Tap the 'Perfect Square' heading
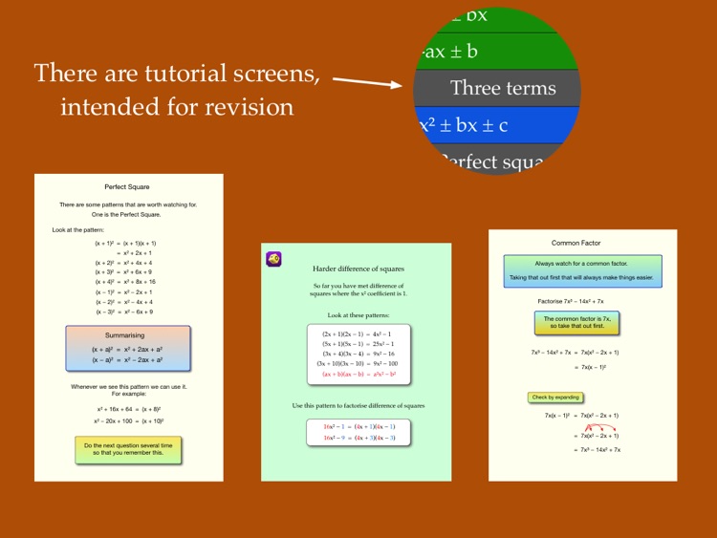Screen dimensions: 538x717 tap(128, 187)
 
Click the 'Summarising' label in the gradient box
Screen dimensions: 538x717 tap(128, 336)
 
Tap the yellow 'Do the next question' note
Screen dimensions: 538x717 tap(128, 449)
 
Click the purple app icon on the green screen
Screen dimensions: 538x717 tap(273, 259)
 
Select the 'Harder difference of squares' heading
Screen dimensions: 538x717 tap(358, 269)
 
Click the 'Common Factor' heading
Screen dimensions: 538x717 tap(583, 244)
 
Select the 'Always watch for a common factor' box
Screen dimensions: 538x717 tap(583, 270)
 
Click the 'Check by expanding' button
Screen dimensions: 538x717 tap(554, 397)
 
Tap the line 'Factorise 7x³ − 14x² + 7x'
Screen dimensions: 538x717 tap(582, 300)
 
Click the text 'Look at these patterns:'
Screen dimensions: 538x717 tap(358, 314)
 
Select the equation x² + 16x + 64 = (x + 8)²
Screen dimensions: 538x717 tap(129, 408)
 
